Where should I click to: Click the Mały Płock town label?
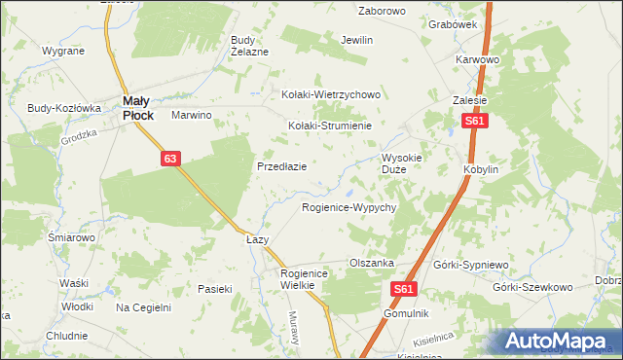pos(137,107)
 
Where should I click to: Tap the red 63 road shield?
pos(170,158)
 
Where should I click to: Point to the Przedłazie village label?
pos(282,166)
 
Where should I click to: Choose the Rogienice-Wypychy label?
pos(348,208)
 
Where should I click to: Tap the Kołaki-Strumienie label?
pos(330,126)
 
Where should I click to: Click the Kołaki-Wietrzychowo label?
pos(330,95)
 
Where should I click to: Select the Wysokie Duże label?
pos(401,162)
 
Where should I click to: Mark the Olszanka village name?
pos(371,263)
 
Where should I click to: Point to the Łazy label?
pos(257,239)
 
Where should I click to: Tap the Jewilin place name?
pos(357,41)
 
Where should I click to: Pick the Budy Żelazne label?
pos(248,46)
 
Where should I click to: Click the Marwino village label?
pos(192,115)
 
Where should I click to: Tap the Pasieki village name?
pos(215,289)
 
